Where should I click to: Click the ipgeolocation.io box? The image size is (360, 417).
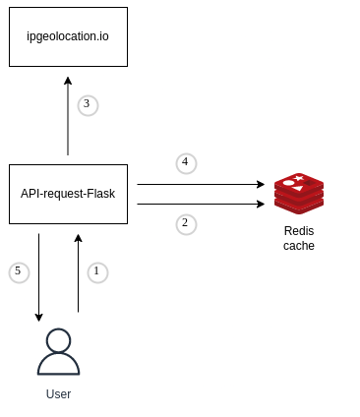[68, 36]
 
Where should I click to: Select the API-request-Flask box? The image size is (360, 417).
[68, 194]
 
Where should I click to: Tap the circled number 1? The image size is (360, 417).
[96, 271]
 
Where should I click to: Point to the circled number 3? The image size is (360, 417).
[88, 105]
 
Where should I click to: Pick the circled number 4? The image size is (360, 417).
[186, 163]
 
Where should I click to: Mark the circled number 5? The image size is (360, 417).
[18, 271]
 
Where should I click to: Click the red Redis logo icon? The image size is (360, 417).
[298, 193]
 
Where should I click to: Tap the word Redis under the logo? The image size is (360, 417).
[298, 230]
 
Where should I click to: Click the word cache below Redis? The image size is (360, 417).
[298, 246]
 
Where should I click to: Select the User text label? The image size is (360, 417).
[58, 394]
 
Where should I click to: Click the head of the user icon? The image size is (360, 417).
[58, 340]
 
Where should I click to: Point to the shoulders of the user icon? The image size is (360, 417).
[58, 365]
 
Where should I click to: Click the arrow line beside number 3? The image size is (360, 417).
[68, 118]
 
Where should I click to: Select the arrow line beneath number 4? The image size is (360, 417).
[197, 184]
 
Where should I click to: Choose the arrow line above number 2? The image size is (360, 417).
[197, 204]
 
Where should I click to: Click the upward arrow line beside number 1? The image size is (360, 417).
[78, 275]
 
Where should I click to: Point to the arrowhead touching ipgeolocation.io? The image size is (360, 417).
[68, 81]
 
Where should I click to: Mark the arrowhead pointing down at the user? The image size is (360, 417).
[38, 317]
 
